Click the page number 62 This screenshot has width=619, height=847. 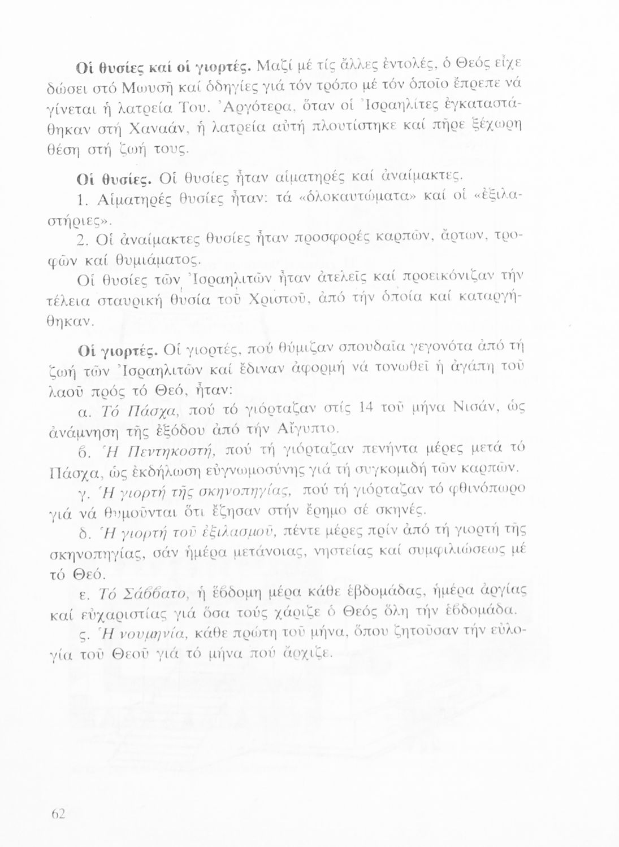click(59, 814)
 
